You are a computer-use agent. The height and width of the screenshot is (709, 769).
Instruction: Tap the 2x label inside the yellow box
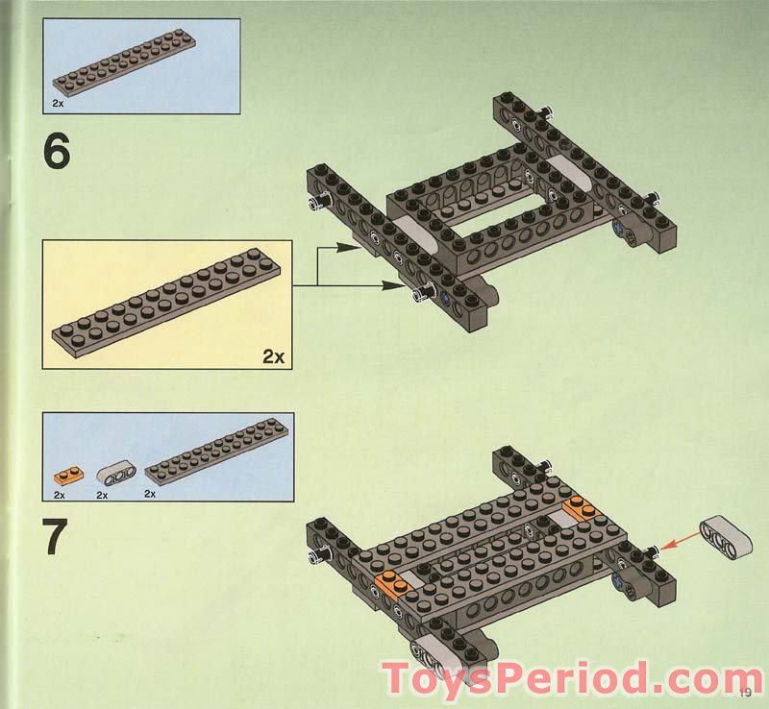tap(273, 356)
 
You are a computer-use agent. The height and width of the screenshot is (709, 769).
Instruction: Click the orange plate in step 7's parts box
tap(64, 474)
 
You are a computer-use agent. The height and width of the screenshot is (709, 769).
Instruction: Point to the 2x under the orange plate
tap(59, 494)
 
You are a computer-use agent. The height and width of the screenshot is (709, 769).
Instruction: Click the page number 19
tap(745, 689)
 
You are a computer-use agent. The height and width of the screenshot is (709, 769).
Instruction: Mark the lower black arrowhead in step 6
tap(405, 284)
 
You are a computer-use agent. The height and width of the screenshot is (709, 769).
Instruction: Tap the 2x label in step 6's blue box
tap(59, 99)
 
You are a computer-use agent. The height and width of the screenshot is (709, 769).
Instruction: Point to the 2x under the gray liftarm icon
tap(105, 494)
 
